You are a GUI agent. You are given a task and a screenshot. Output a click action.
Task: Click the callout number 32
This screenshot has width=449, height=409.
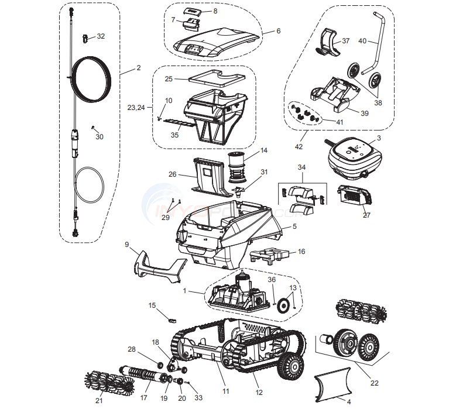pyautogui.click(x=101, y=36)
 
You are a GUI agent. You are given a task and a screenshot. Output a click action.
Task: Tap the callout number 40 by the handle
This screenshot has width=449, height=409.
pyautogui.click(x=362, y=41)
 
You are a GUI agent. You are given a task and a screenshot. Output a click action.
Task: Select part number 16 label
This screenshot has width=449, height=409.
pyautogui.click(x=301, y=252)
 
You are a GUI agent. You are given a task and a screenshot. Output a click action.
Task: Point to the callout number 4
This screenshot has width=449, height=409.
pyautogui.click(x=349, y=402)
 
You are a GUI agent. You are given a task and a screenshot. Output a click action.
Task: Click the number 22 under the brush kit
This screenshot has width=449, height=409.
pyautogui.click(x=374, y=383)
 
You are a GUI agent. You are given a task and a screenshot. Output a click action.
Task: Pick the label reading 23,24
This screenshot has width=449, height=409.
pyautogui.click(x=136, y=108)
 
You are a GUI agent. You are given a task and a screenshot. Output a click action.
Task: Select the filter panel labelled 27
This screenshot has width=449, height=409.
pyautogui.click(x=351, y=195)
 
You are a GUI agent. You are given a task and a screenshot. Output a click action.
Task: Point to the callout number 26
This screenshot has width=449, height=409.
pyautogui.click(x=172, y=174)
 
